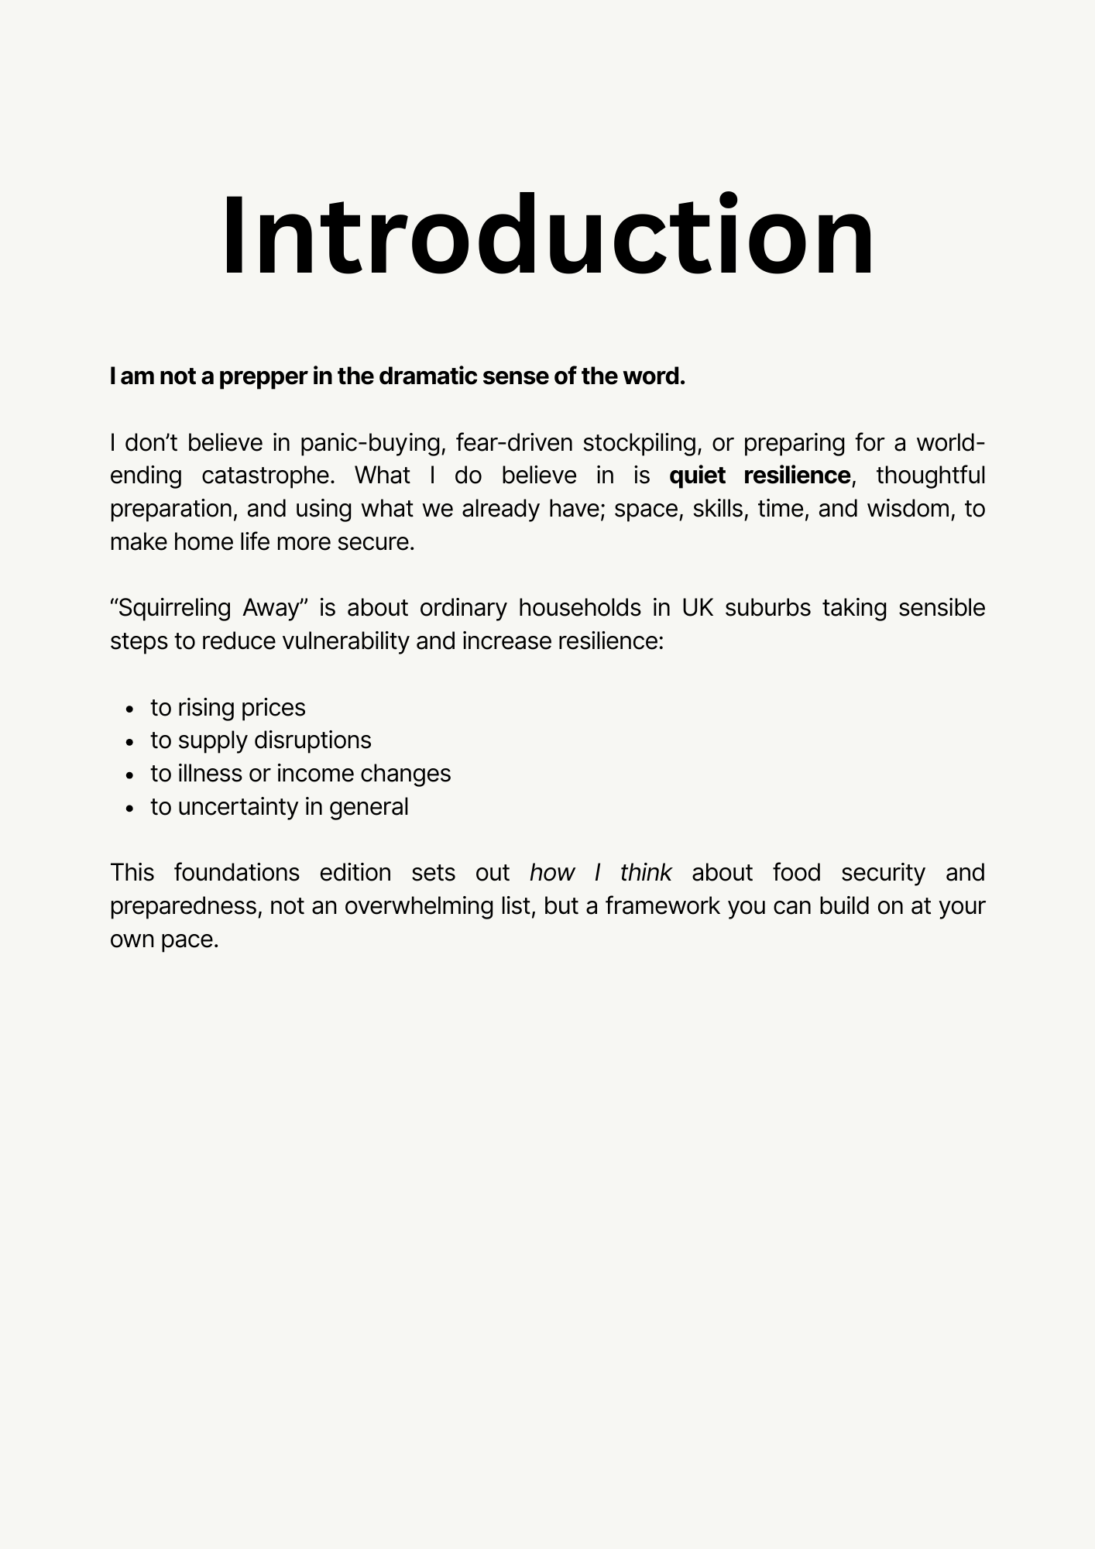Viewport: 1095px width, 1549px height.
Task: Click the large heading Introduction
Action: pyautogui.click(x=547, y=235)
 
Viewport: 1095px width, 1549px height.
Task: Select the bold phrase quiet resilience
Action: pyautogui.click(x=760, y=475)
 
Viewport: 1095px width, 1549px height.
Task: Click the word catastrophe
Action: pyautogui.click(x=268, y=475)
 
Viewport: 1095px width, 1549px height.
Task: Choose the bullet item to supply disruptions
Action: pyautogui.click(x=261, y=740)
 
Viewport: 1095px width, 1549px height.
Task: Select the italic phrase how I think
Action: pyautogui.click(x=600, y=873)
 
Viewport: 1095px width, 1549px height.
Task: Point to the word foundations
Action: pyautogui.click(x=236, y=873)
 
